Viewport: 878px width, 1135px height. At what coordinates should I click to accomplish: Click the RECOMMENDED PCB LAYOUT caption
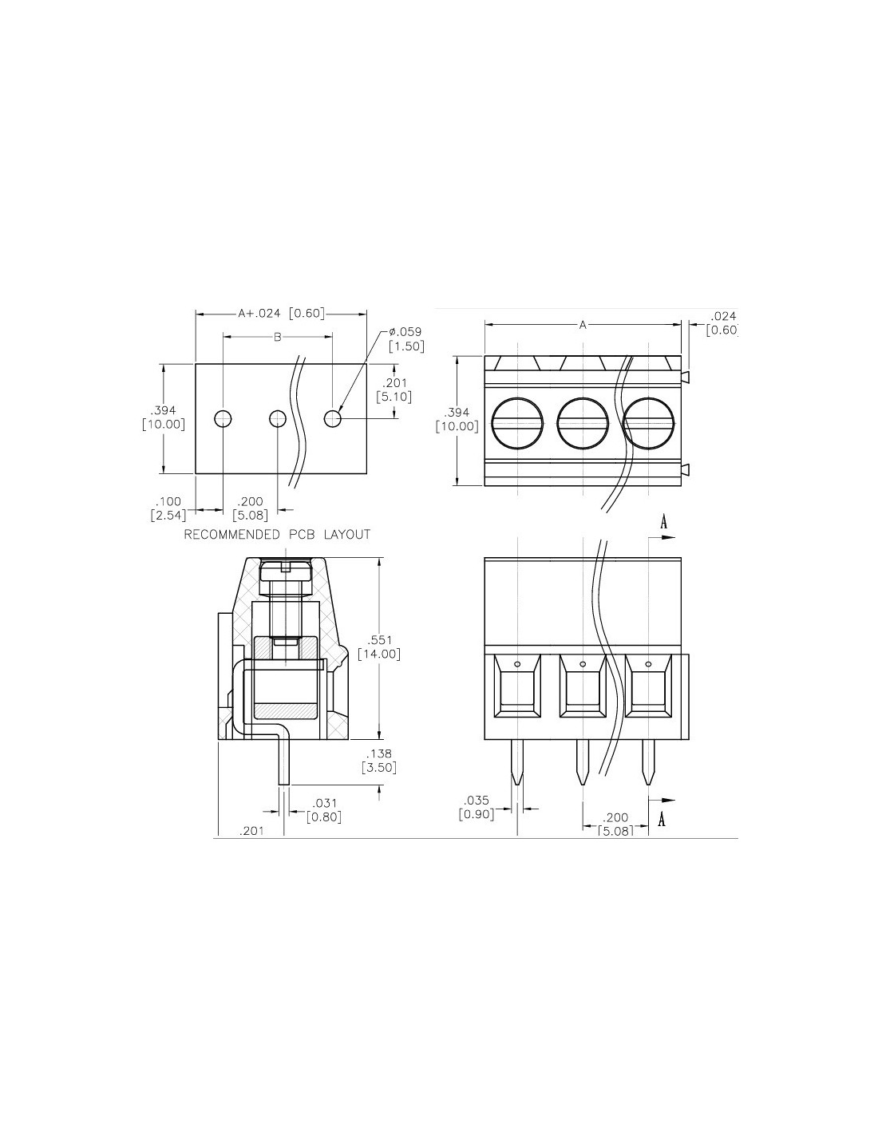point(277,534)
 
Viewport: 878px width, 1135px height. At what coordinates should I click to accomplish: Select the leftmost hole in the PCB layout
point(223,418)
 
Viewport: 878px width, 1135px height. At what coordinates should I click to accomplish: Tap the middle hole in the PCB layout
point(277,418)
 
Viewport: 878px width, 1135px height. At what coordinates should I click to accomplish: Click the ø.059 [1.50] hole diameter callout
point(405,339)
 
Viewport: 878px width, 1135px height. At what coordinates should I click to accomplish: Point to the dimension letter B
point(277,338)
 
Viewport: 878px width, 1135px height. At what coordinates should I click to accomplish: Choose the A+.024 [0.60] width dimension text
point(282,314)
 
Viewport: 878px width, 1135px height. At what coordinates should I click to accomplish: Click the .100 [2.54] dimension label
point(168,508)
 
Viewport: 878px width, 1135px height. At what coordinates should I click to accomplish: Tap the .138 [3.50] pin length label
point(379,761)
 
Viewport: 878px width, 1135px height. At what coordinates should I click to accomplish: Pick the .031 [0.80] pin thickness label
point(324,810)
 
